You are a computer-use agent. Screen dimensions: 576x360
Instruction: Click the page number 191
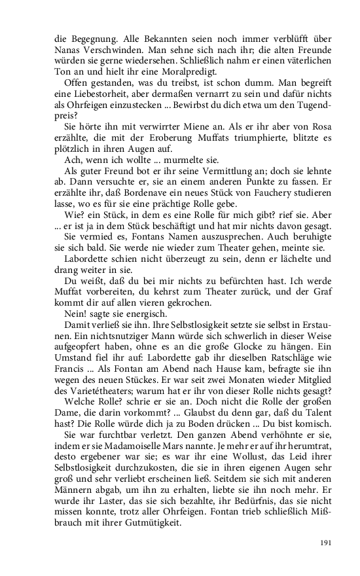(325, 542)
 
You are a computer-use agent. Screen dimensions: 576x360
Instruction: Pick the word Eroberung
(173, 137)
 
